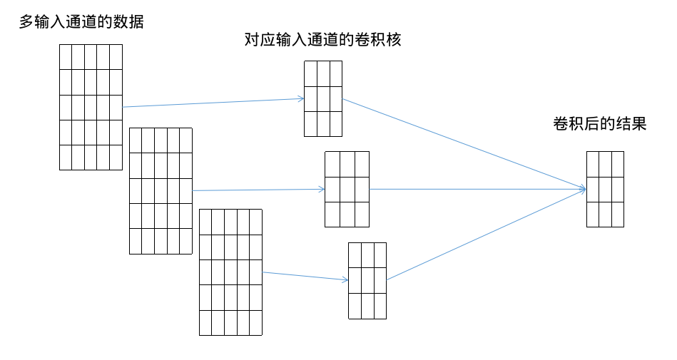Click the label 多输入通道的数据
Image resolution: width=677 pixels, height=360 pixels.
81,22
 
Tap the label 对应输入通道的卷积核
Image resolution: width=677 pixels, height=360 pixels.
322,40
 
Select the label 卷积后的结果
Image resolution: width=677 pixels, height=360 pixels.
599,124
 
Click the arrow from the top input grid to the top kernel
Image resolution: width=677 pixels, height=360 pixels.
214,103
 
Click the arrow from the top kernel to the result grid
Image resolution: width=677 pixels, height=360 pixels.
464,143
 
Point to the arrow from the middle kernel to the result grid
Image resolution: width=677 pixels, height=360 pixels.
478,189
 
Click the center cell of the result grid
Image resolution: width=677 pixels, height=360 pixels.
605,189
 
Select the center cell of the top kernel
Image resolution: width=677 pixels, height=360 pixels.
323,98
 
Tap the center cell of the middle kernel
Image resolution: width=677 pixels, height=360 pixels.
347,189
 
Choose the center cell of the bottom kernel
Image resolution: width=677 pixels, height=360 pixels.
367,280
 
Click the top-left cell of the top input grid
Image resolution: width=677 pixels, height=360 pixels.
66,57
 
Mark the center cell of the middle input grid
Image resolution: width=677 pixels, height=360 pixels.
161,190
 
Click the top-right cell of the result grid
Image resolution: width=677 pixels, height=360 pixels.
618,163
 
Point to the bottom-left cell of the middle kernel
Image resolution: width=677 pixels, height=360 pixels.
332,214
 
